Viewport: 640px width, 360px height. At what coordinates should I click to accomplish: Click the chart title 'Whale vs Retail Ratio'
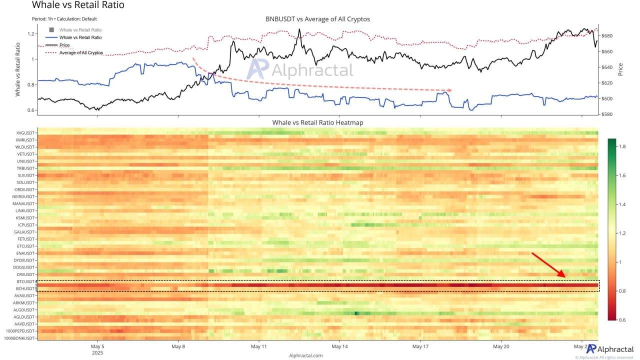tap(78, 5)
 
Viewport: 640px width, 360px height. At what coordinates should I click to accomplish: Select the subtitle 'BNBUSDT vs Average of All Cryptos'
tap(317, 19)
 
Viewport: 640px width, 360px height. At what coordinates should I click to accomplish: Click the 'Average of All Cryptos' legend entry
tap(81, 52)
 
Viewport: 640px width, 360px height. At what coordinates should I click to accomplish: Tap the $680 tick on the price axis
tap(607, 36)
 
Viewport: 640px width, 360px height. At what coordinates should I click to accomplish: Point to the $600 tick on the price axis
tap(607, 98)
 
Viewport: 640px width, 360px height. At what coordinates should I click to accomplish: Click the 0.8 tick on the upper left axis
tap(30, 84)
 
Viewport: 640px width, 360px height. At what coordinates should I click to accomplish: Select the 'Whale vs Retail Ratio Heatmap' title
tap(317, 122)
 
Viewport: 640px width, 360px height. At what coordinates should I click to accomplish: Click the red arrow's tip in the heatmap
tap(565, 276)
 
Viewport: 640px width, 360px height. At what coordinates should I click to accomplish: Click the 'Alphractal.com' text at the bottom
tap(305, 355)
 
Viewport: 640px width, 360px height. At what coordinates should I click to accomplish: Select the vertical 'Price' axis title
tap(620, 68)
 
